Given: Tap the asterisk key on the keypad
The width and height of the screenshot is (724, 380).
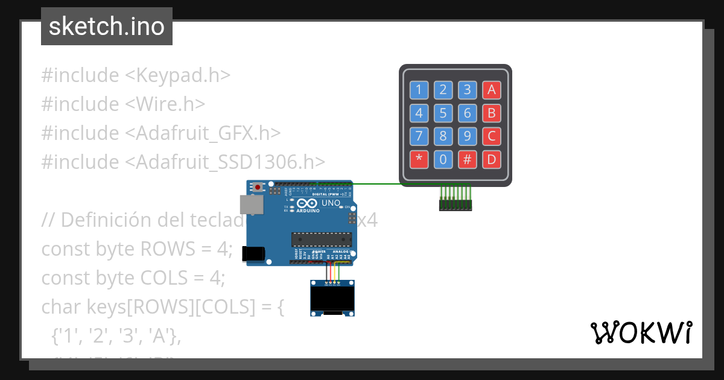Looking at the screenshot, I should [x=419, y=159].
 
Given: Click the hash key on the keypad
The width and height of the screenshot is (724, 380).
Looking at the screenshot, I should [x=467, y=159].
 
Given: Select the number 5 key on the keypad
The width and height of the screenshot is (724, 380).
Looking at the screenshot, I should [x=443, y=113].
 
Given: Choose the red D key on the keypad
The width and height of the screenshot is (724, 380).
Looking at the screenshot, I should [x=491, y=159].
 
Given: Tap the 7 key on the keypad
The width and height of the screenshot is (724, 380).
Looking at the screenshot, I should [x=419, y=136].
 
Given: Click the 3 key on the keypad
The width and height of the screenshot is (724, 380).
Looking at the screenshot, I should [x=467, y=90].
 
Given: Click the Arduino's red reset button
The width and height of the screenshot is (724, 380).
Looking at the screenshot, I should [x=258, y=187].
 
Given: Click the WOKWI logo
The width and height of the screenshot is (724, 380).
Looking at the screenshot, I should [x=641, y=333].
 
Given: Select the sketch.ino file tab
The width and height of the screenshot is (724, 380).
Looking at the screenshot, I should [x=107, y=27].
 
